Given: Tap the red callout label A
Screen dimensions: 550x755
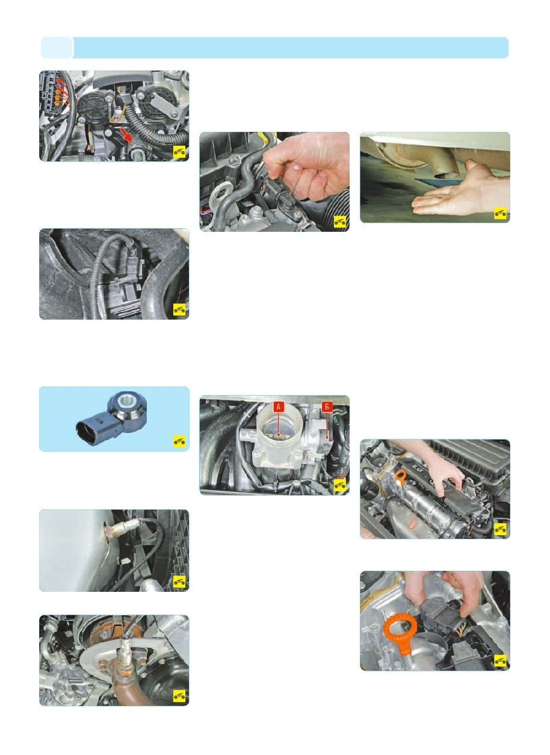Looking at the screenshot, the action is coord(278,407).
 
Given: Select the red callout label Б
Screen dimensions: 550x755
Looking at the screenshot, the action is coord(326,407).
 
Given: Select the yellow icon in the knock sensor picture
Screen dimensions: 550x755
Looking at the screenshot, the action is coord(179,441).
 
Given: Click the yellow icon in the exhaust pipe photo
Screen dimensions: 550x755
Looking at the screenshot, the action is coord(500,213).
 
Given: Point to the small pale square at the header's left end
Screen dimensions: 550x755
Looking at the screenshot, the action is coord(57,48).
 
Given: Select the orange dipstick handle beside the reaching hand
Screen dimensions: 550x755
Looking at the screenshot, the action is coord(400,477).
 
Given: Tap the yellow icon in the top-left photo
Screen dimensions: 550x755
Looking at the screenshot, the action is coord(179,152).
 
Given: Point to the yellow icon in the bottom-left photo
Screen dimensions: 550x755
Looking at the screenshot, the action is coord(179,695).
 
